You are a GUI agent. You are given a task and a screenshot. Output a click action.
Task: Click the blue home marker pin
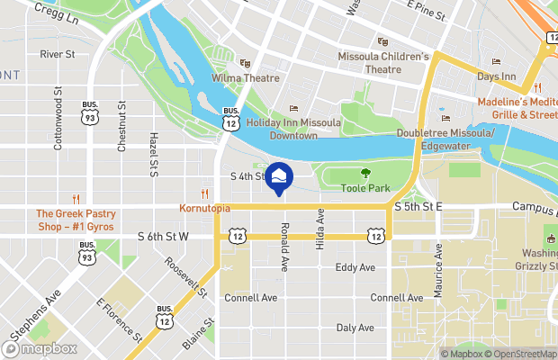pos(278,178)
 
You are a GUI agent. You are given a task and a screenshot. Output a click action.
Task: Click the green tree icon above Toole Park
pos(364,173)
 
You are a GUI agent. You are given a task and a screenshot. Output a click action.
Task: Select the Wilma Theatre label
pos(245,78)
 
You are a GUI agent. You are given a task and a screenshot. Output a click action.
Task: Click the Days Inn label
pos(496,76)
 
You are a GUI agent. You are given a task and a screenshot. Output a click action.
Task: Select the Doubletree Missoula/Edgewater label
pos(446,139)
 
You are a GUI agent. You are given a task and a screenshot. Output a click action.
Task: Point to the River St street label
pos(57,54)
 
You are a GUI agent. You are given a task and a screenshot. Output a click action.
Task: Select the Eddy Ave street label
pos(355,267)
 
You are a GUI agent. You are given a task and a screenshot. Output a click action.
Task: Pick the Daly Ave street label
pos(355,328)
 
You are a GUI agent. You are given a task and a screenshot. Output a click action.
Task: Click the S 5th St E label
pos(418,207)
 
